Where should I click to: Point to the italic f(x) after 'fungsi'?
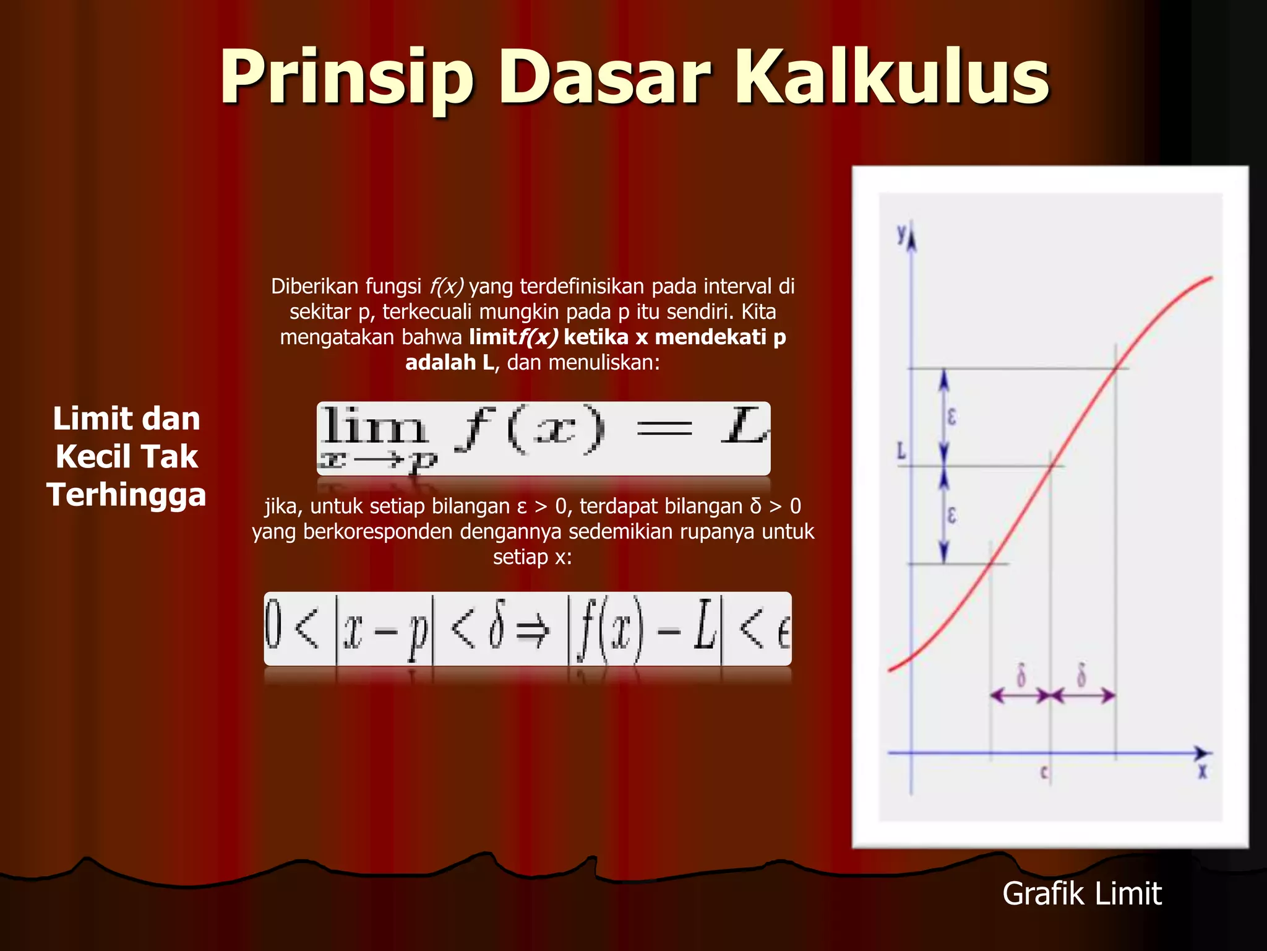click(x=446, y=286)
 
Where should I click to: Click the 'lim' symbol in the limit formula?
click(x=374, y=426)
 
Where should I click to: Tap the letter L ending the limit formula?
click(x=744, y=426)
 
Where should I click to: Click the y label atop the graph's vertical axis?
click(x=902, y=233)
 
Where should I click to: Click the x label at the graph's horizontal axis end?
click(x=1202, y=771)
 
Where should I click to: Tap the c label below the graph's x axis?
click(x=1044, y=772)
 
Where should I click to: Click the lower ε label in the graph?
click(x=951, y=515)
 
